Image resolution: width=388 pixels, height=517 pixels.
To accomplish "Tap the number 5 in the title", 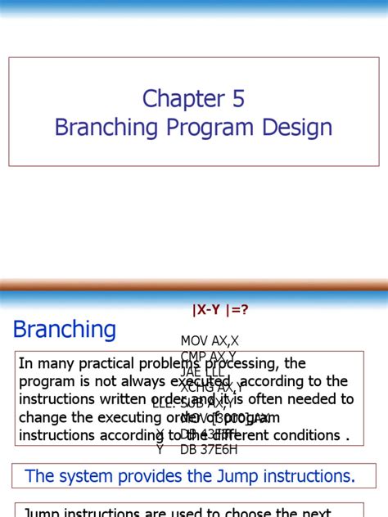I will [237, 99].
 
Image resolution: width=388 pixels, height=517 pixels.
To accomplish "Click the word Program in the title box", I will [216, 128].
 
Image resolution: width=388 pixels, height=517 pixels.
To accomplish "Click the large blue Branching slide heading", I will [65, 330].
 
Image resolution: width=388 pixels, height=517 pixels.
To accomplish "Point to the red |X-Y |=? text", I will [219, 309].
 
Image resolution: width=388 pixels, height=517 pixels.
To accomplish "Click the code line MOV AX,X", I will [210, 340].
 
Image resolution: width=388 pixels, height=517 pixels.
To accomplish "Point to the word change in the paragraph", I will [43, 417].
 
